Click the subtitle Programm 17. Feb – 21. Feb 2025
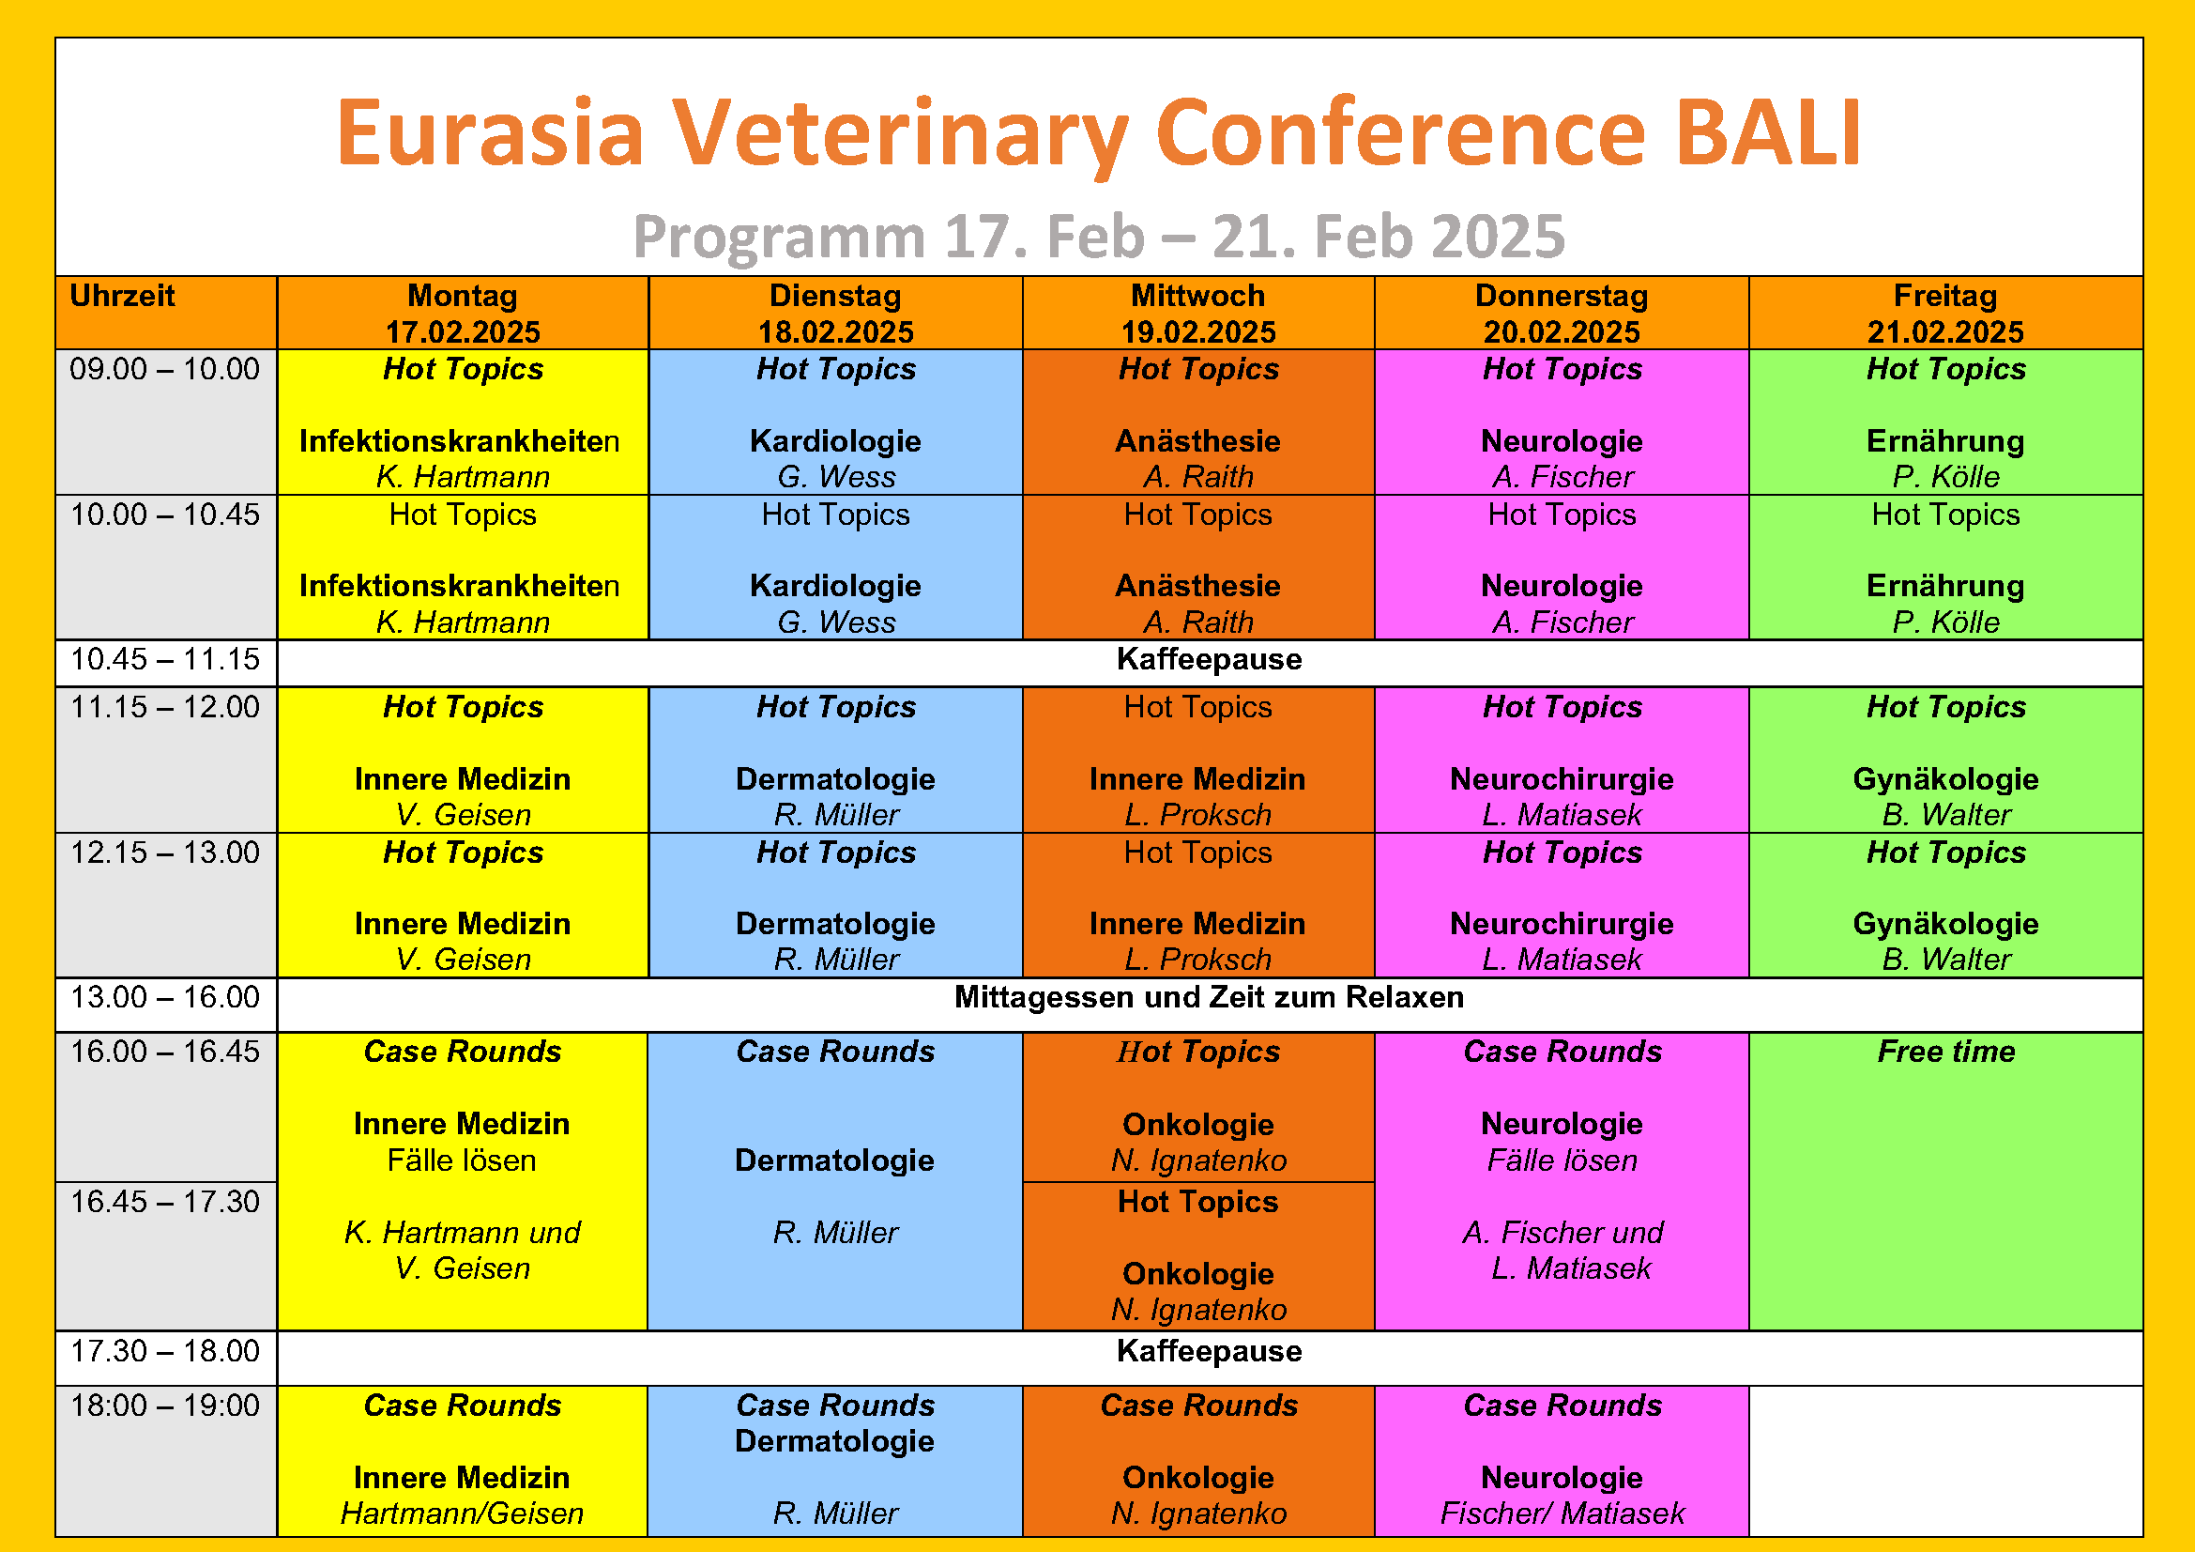[1099, 237]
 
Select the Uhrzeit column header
[122, 296]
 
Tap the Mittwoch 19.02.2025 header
[1197, 314]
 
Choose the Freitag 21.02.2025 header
[1945, 314]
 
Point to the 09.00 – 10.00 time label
[164, 369]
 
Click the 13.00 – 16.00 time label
[164, 997]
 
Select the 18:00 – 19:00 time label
[164, 1406]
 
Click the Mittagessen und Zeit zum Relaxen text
[1210, 997]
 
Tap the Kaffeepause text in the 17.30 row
[1210, 1351]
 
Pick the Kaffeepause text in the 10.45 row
[1210, 660]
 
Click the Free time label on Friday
[1945, 1052]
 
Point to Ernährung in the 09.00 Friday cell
[1945, 442]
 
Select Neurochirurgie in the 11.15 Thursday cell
[1562, 779]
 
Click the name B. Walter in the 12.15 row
[1945, 960]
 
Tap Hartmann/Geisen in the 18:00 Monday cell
[462, 1514]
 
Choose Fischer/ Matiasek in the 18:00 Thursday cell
[1562, 1514]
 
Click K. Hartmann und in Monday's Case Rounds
[462, 1233]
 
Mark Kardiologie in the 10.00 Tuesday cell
[835, 586]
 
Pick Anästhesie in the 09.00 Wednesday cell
[1197, 442]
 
